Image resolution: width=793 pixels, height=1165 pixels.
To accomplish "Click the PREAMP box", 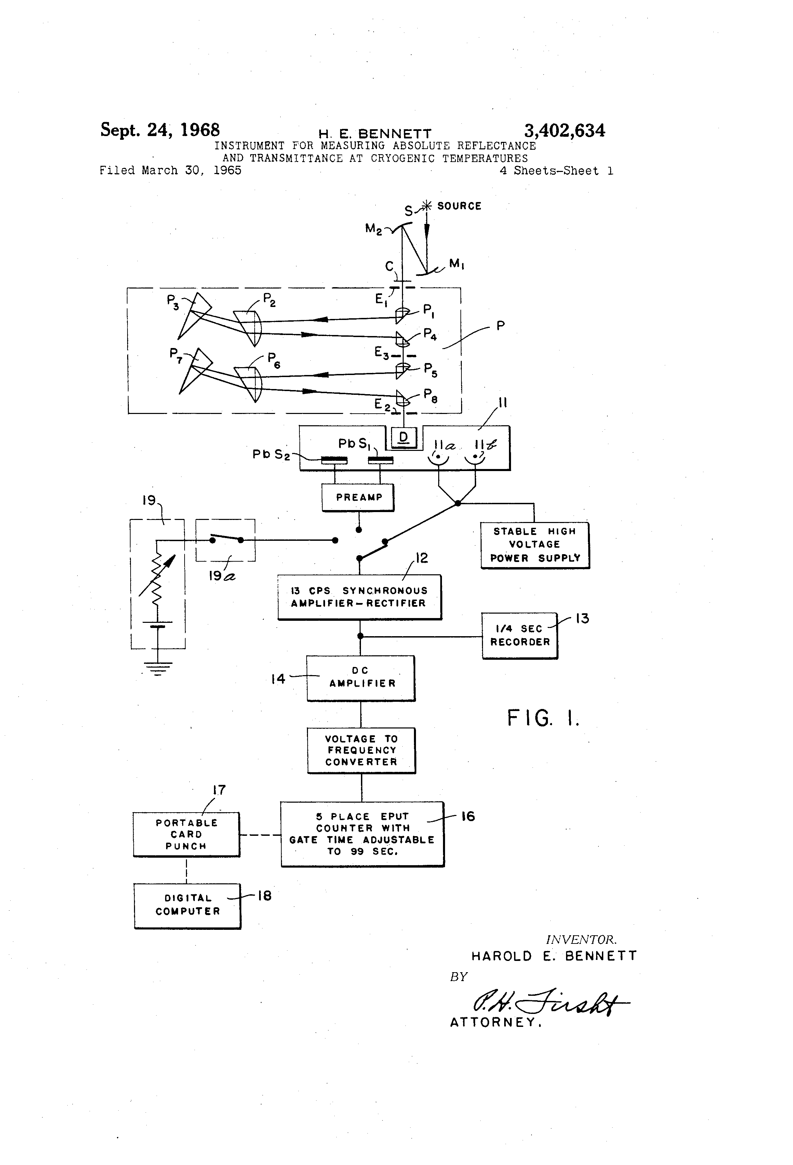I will click(x=358, y=497).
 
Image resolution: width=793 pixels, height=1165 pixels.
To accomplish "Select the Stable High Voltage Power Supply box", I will click(x=534, y=545).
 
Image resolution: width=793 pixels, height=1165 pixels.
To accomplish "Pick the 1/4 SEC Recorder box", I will click(x=519, y=635).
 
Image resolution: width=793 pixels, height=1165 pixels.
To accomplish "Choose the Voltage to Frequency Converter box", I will click(x=361, y=750).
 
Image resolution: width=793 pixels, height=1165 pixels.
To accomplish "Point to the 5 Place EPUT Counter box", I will click(x=362, y=834).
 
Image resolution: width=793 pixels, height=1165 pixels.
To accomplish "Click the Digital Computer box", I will click(x=187, y=905).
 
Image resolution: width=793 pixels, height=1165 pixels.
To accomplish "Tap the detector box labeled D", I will click(x=404, y=438).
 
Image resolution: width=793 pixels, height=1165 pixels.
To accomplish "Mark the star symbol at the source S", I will click(x=427, y=205).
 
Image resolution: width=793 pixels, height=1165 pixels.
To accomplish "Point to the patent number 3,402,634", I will click(x=564, y=131).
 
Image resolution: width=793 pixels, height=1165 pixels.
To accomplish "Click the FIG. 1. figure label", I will click(x=543, y=718).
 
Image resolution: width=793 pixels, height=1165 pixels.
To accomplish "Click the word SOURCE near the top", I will click(x=459, y=206).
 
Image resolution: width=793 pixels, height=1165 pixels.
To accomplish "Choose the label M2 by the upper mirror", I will click(x=374, y=229).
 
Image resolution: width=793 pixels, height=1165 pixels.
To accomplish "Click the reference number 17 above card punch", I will click(x=219, y=790).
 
